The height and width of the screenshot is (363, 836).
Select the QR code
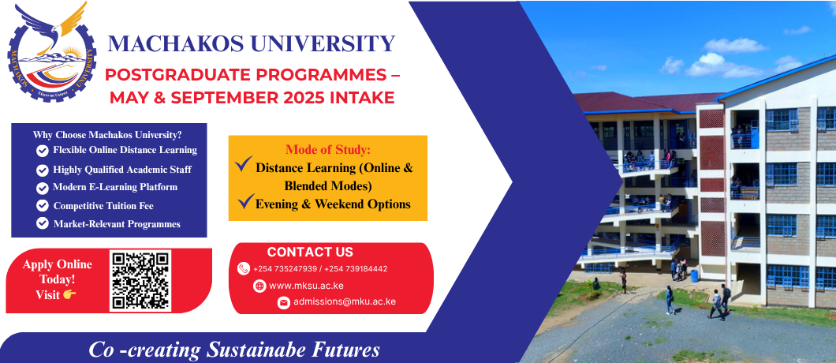pos(140,281)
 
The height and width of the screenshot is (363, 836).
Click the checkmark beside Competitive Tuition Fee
pos(42,205)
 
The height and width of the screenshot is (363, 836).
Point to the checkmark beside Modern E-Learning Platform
pos(42,188)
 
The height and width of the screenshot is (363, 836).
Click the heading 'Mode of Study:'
pos(328,149)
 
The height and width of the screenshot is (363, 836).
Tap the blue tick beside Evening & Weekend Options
pos(245,201)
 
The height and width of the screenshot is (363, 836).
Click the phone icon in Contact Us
pos(244,268)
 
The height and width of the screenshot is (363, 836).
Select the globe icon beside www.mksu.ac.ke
pos(259,286)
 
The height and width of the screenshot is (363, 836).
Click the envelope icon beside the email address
pos(284,303)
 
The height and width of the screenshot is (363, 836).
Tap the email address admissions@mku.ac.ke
pos(345,301)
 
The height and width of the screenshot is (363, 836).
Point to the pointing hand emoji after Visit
pos(69,294)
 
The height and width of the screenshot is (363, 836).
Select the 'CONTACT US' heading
pos(310,252)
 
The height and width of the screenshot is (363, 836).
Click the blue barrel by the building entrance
pos(694,276)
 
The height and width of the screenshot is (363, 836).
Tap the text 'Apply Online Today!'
pos(57,271)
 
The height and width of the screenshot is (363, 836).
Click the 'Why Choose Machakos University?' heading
pos(107,134)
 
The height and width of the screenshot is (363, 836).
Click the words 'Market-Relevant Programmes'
pos(117,224)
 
